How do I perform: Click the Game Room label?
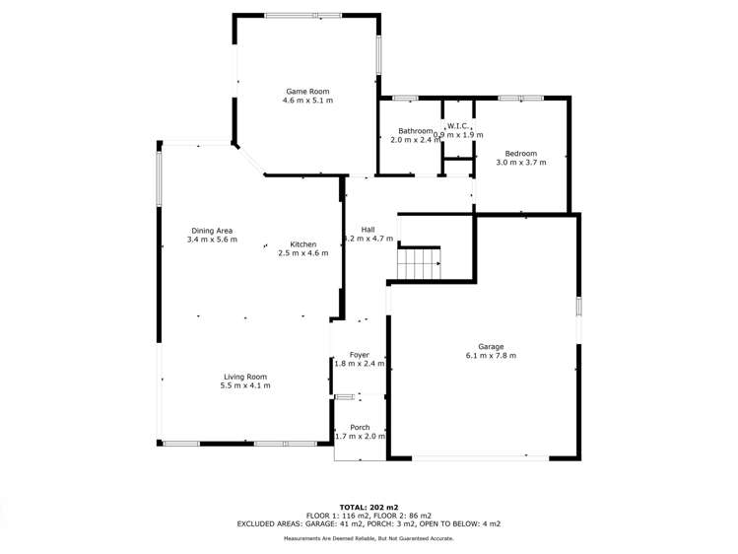coord(307,90)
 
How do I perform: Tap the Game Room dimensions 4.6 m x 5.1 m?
coord(307,101)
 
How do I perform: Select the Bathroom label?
coord(415,131)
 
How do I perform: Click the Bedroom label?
coord(520,153)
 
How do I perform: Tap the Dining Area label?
coord(212,230)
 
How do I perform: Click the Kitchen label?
coord(302,243)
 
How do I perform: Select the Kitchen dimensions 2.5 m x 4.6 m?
coord(302,253)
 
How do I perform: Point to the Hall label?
coord(368,229)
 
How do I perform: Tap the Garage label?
coord(491,346)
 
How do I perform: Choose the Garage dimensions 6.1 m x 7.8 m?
coord(491,356)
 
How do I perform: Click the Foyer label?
coord(359,354)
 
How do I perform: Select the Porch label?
coord(360,427)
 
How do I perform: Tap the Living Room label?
coord(245,376)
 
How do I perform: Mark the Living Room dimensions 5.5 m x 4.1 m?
coord(245,385)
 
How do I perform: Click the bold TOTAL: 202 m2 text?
coord(369,507)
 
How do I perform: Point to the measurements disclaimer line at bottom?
coord(369,538)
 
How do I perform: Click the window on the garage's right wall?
coord(579,306)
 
